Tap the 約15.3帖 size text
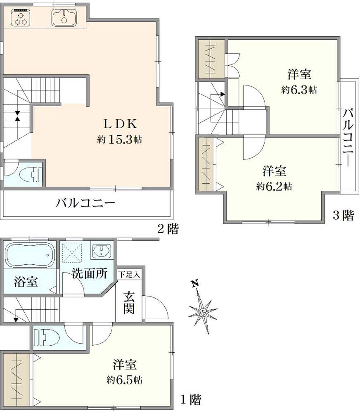pos(120,140)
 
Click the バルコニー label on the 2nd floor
pos(86,203)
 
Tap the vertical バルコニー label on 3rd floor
pos(348,136)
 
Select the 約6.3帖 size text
pos(299,90)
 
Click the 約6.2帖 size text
pos(274,186)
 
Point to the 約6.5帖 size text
pos(124,380)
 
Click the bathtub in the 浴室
pos(29,255)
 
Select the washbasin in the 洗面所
pos(101,251)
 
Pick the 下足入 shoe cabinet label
pos(129,274)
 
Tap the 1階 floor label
pos(191,399)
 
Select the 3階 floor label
pos(343,215)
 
